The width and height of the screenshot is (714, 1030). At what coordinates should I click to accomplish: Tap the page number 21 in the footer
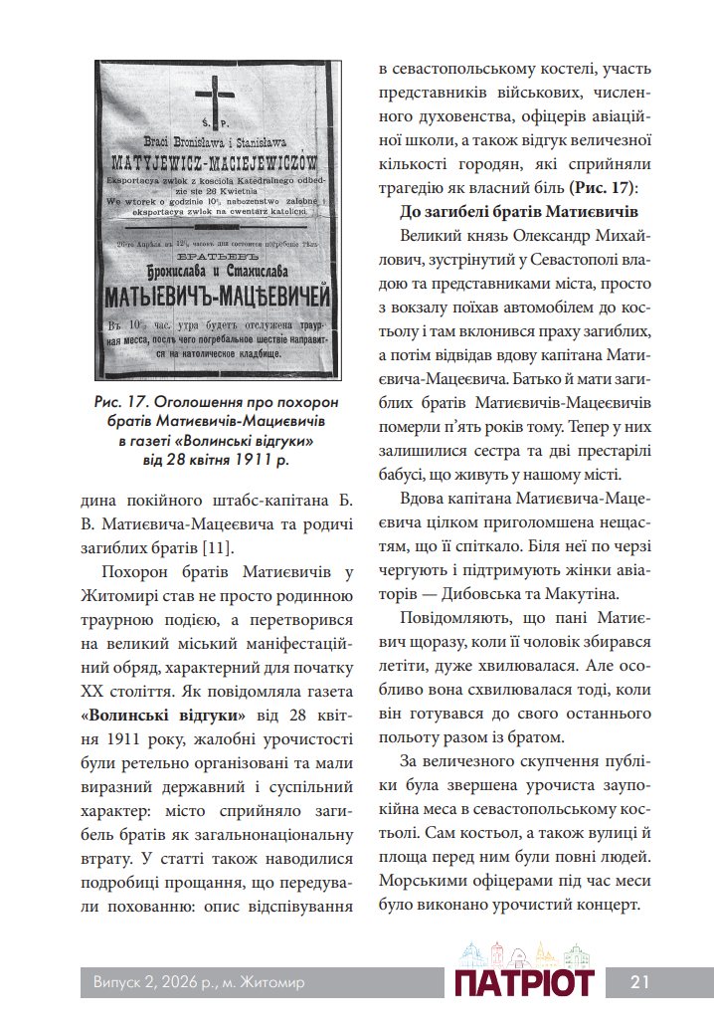tap(639, 982)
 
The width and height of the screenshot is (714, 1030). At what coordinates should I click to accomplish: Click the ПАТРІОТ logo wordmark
tap(524, 983)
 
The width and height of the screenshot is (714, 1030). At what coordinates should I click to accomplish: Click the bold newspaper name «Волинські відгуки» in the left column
tap(163, 715)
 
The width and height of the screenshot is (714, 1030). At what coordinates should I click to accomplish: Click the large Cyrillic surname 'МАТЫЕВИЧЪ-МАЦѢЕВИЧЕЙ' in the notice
tap(217, 296)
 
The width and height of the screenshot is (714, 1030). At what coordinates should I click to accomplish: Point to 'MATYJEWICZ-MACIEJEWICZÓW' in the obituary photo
tap(217, 160)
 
